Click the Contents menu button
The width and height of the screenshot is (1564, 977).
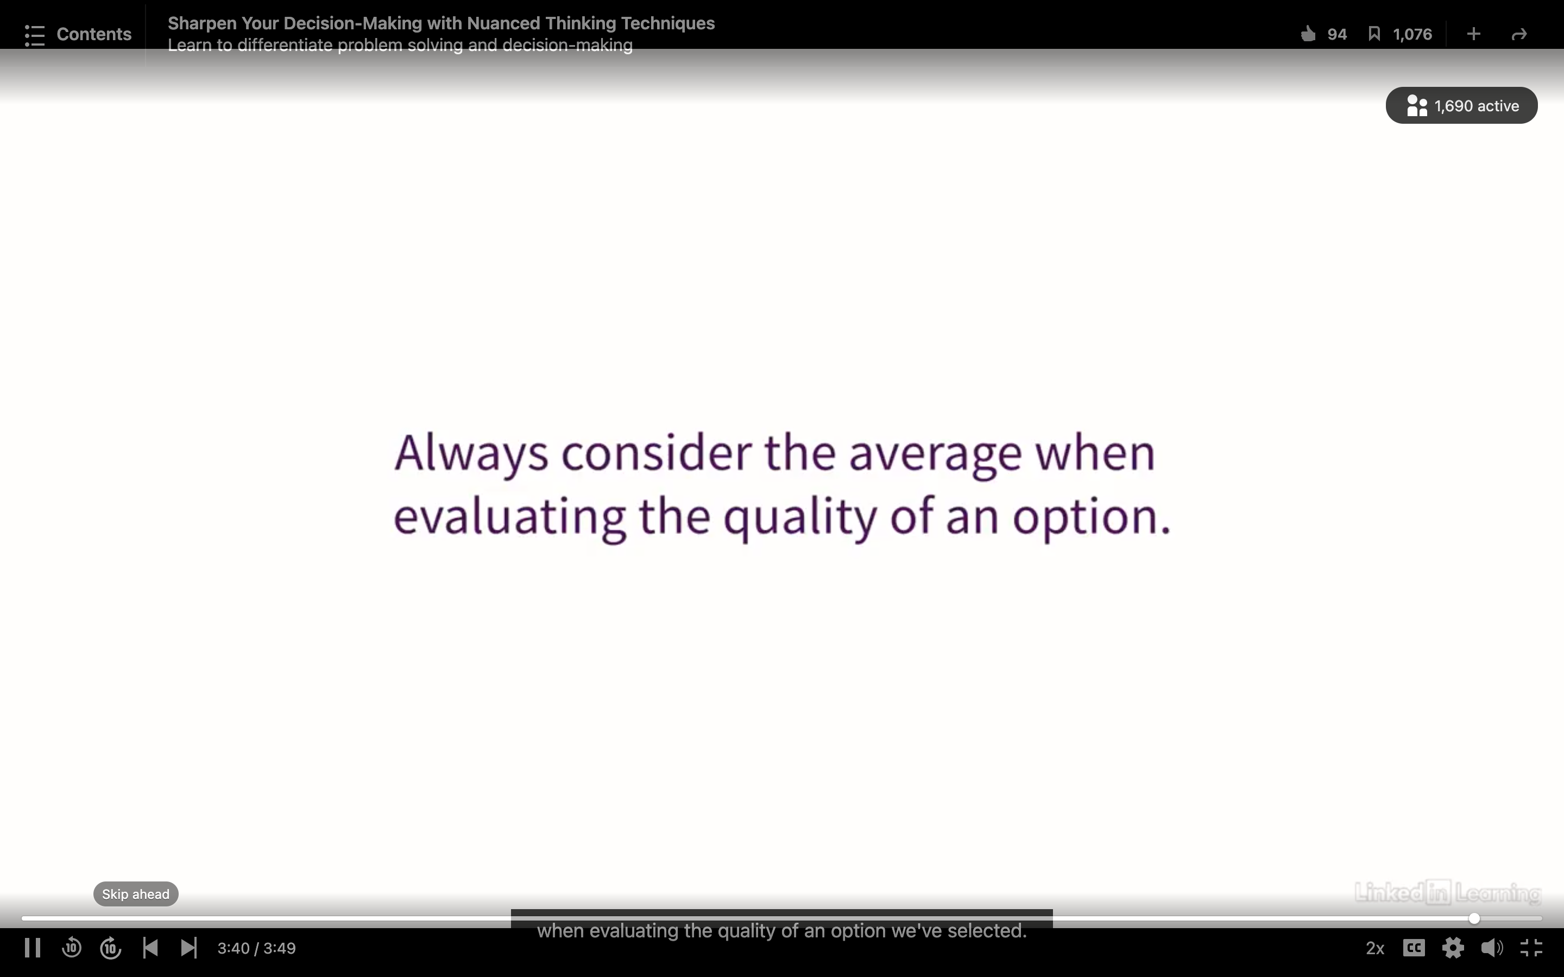(x=78, y=34)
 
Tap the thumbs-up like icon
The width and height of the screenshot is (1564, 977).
(x=1308, y=34)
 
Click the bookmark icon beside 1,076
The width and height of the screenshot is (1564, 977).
(x=1374, y=34)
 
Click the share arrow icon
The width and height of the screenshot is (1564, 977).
(x=1519, y=34)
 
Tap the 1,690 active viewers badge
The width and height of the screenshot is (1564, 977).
(x=1461, y=105)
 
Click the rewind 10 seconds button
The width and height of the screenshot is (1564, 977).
(x=72, y=948)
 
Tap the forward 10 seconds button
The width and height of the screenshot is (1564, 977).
(x=111, y=948)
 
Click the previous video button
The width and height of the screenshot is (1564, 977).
(x=150, y=948)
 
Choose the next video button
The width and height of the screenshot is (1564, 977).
(x=189, y=948)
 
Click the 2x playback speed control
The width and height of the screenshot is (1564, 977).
(x=1374, y=948)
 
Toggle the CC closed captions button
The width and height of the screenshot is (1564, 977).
(x=1414, y=948)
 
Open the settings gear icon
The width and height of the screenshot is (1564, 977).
(x=1453, y=948)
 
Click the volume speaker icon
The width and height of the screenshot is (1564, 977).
(x=1492, y=948)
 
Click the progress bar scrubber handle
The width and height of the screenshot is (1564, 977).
(x=1474, y=918)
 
